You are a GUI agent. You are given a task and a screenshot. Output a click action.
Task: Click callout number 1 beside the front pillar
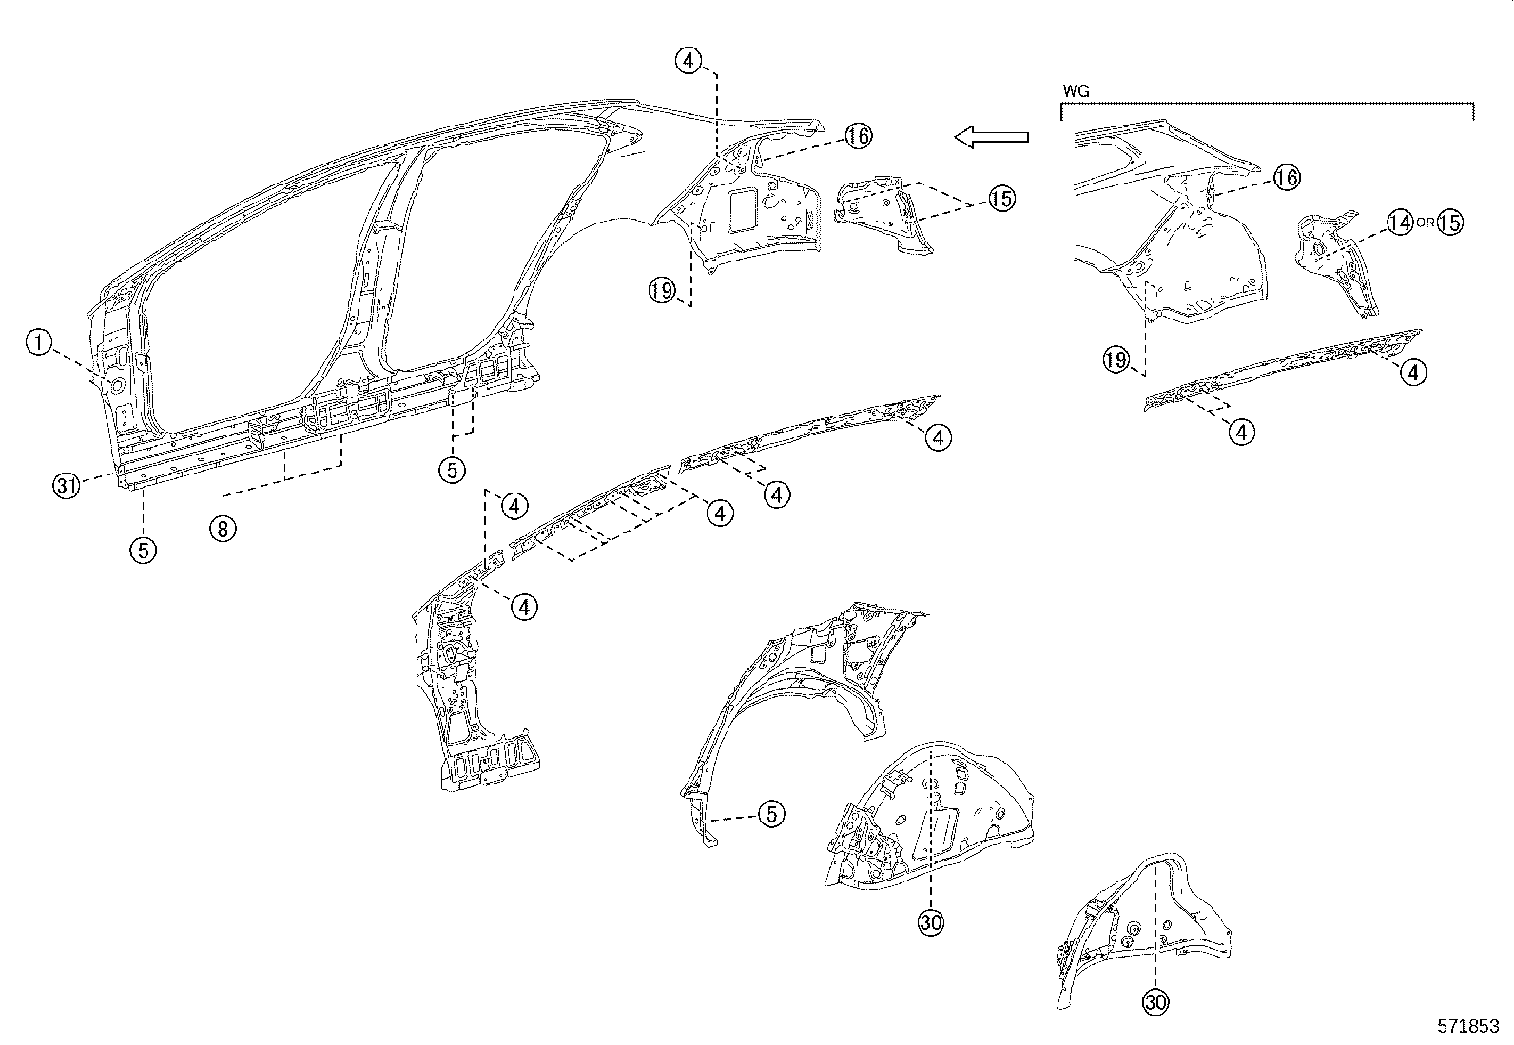pyautogui.click(x=38, y=342)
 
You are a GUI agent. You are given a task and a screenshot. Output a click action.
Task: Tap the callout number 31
pyautogui.click(x=65, y=486)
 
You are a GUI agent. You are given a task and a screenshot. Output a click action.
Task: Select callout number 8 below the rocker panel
pyautogui.click(x=222, y=528)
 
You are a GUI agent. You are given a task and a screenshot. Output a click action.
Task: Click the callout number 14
pyautogui.click(x=1399, y=223)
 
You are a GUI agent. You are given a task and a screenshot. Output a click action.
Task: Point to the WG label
pyautogui.click(x=1076, y=91)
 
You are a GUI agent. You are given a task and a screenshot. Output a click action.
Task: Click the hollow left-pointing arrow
pyautogui.click(x=992, y=137)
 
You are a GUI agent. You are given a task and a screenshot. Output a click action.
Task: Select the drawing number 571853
pyautogui.click(x=1467, y=1027)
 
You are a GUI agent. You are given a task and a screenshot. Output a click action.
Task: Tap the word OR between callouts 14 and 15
pyautogui.click(x=1424, y=223)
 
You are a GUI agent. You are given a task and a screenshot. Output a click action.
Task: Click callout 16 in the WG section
pyautogui.click(x=1287, y=177)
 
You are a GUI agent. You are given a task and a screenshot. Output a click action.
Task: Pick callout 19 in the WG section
pyautogui.click(x=1116, y=359)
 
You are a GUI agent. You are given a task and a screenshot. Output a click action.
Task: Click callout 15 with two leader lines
pyautogui.click(x=1000, y=199)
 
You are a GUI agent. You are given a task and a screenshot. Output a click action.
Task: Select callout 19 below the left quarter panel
pyautogui.click(x=662, y=290)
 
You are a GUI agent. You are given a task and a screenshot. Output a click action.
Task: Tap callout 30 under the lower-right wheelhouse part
pyautogui.click(x=1155, y=1001)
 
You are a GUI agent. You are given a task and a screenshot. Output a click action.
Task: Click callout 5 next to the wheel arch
pyautogui.click(x=772, y=813)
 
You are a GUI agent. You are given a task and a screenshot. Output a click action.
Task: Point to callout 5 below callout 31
pyautogui.click(x=144, y=550)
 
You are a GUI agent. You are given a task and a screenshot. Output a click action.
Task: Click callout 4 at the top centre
pyautogui.click(x=689, y=61)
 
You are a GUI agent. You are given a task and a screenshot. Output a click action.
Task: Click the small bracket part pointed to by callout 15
pyautogui.click(x=884, y=214)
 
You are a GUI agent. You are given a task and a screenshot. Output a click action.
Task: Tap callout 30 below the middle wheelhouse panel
pyautogui.click(x=931, y=920)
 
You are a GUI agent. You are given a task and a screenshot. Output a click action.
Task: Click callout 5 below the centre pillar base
pyautogui.click(x=453, y=468)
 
